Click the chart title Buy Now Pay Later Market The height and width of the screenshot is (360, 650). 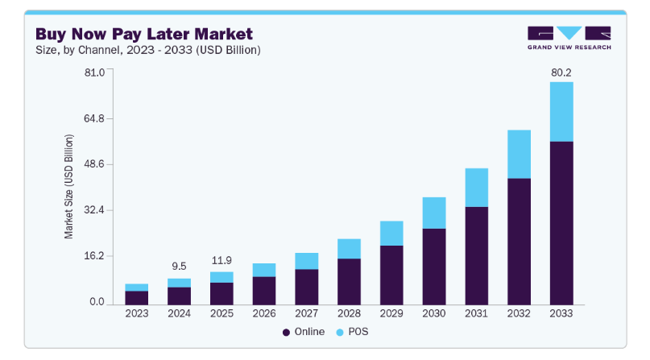143,34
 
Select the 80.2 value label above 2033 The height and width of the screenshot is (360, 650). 561,72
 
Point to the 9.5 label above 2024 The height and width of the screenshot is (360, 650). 179,267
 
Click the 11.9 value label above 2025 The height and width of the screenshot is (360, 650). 221,260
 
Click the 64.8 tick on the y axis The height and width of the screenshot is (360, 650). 95,118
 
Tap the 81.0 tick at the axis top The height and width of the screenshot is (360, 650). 95,72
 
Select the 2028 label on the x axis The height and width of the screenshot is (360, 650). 349,313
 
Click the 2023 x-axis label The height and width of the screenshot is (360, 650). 136,313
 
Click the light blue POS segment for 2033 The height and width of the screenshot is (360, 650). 561,111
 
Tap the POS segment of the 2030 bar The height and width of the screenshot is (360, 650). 433,213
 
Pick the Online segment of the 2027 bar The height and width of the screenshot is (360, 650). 306,286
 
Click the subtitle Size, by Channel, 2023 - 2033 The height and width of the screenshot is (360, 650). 147,50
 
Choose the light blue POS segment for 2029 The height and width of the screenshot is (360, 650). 391,233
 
